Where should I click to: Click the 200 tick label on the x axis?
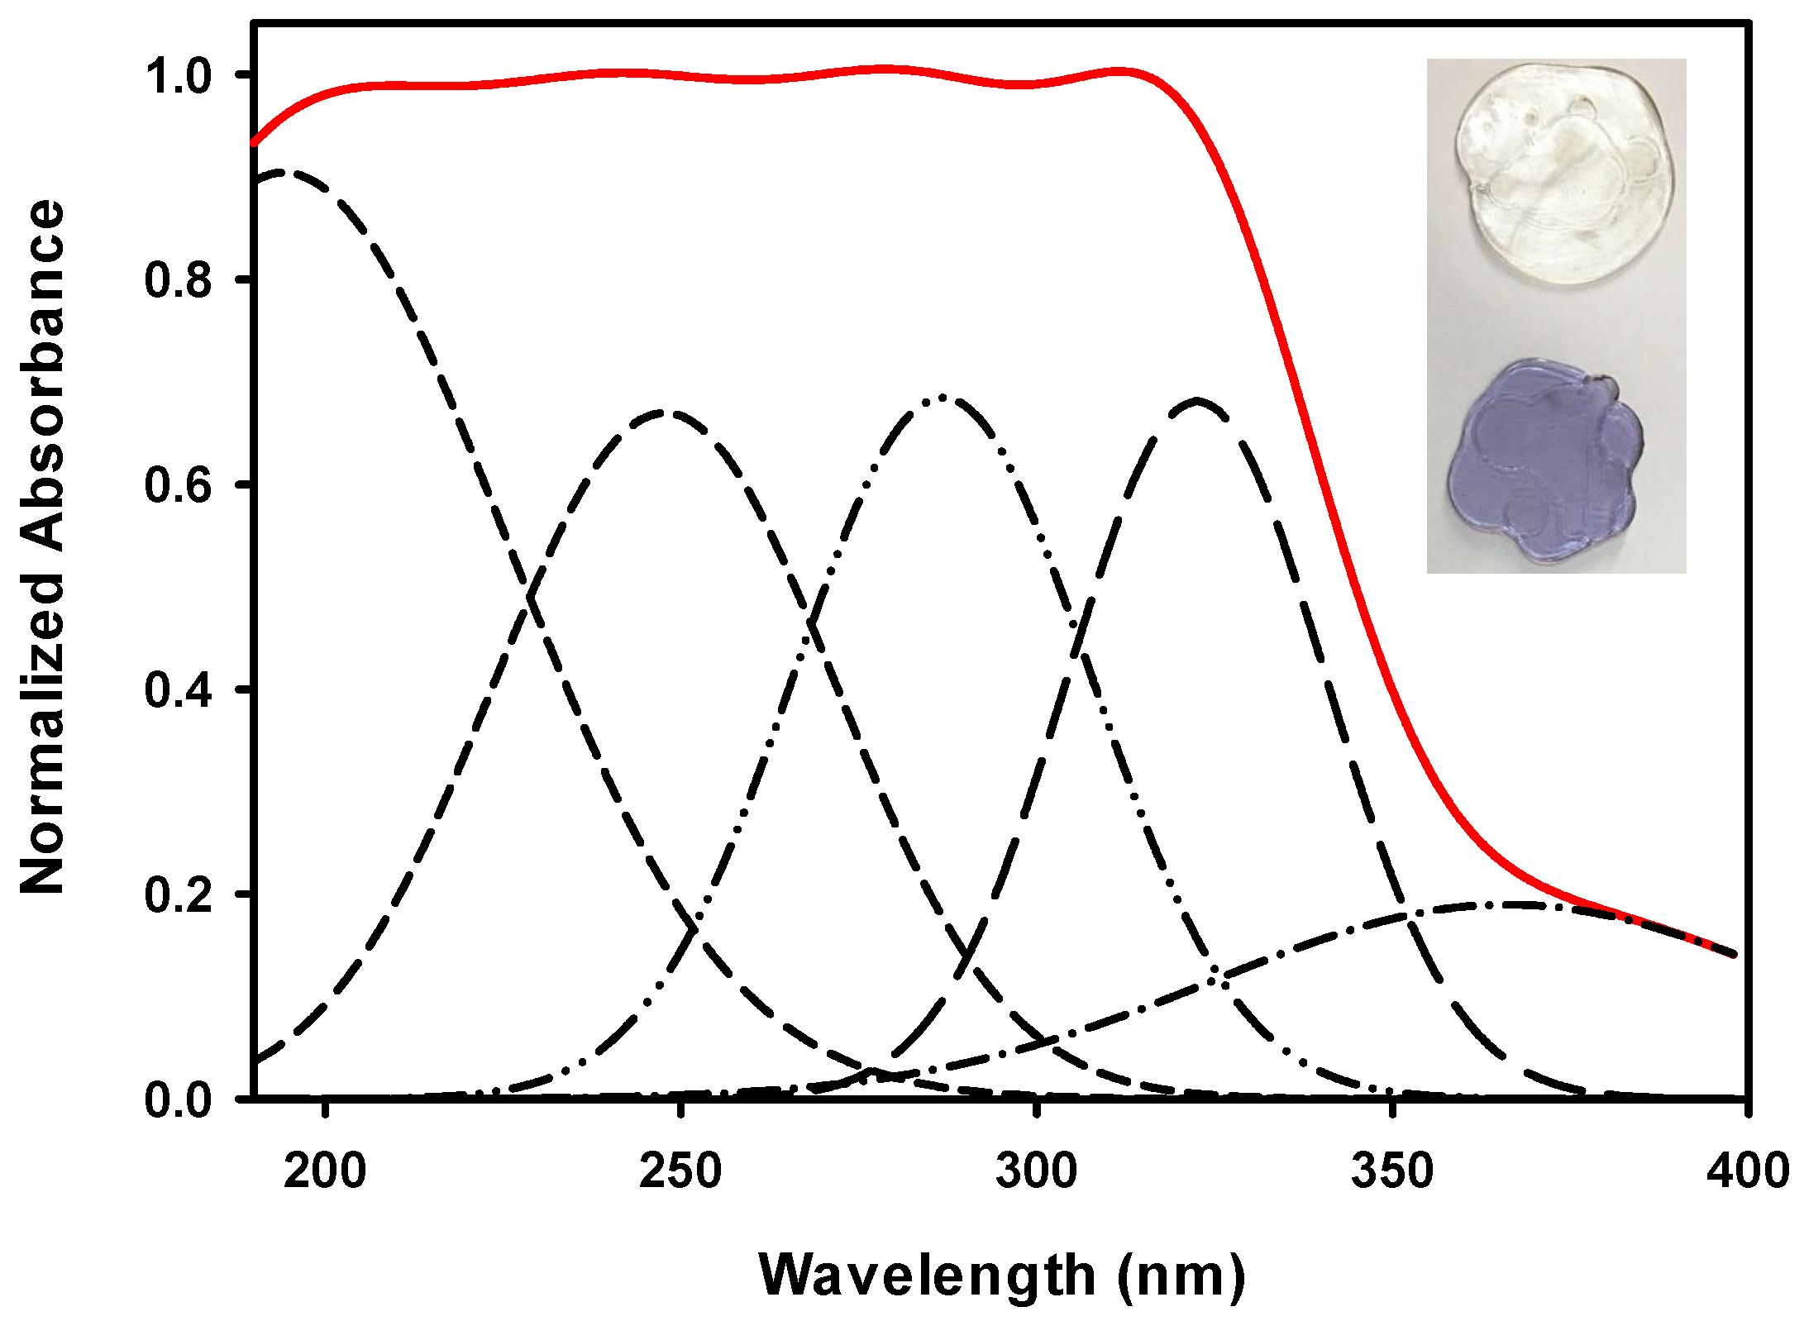pyautogui.click(x=325, y=1171)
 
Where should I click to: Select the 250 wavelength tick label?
pyautogui.click(x=680, y=1171)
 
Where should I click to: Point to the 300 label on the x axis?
pyautogui.click(x=1036, y=1171)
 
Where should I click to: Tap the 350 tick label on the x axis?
pyautogui.click(x=1392, y=1171)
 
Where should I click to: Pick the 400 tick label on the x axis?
pyautogui.click(x=1746, y=1171)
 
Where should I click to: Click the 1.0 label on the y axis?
pyautogui.click(x=179, y=76)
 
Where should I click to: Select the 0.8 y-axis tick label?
pyautogui.click(x=179, y=280)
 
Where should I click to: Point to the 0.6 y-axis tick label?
pyautogui.click(x=179, y=485)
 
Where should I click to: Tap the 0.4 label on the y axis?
pyautogui.click(x=179, y=690)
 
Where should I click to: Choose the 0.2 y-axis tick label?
pyautogui.click(x=179, y=895)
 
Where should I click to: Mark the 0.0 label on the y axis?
pyautogui.click(x=179, y=1100)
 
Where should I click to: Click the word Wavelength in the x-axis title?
pyautogui.click(x=927, y=1275)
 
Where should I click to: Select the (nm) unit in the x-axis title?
pyautogui.click(x=1181, y=1275)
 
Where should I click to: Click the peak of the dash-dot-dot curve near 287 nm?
pyautogui.click(x=942, y=398)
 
